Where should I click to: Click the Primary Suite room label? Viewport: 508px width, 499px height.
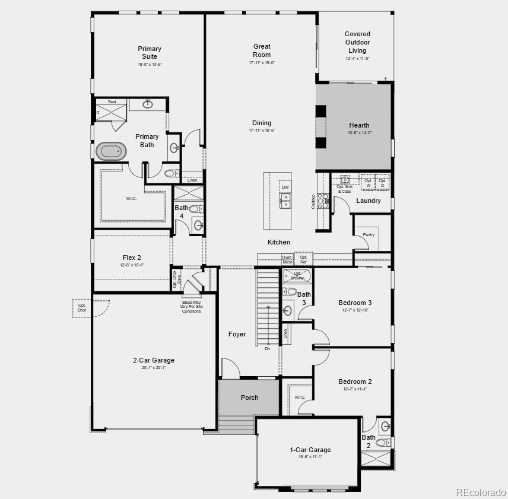tap(150, 53)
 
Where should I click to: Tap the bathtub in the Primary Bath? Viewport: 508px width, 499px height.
tap(113, 151)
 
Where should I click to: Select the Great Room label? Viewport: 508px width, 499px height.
tap(262, 50)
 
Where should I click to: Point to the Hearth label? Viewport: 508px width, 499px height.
tap(359, 125)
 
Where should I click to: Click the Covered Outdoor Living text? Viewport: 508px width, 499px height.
tap(357, 42)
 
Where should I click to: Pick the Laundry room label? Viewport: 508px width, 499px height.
tap(369, 201)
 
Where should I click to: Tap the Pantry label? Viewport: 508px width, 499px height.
tap(369, 235)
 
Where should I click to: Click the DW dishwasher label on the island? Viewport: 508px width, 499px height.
tap(285, 187)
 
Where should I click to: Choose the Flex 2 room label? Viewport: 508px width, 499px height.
tap(132, 258)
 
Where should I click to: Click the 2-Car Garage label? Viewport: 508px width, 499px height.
tap(154, 360)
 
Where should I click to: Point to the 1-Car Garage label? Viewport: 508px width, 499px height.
tap(310, 450)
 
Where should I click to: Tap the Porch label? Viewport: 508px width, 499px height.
tap(249, 398)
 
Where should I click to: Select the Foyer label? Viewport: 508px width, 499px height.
tap(237, 334)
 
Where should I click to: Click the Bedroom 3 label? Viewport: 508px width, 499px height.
tap(355, 303)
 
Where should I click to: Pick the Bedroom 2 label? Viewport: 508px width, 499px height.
tap(355, 382)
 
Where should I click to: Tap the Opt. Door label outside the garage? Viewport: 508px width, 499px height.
tap(82, 307)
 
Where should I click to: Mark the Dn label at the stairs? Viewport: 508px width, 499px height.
tap(268, 349)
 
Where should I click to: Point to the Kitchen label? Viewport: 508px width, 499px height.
tap(279, 242)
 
